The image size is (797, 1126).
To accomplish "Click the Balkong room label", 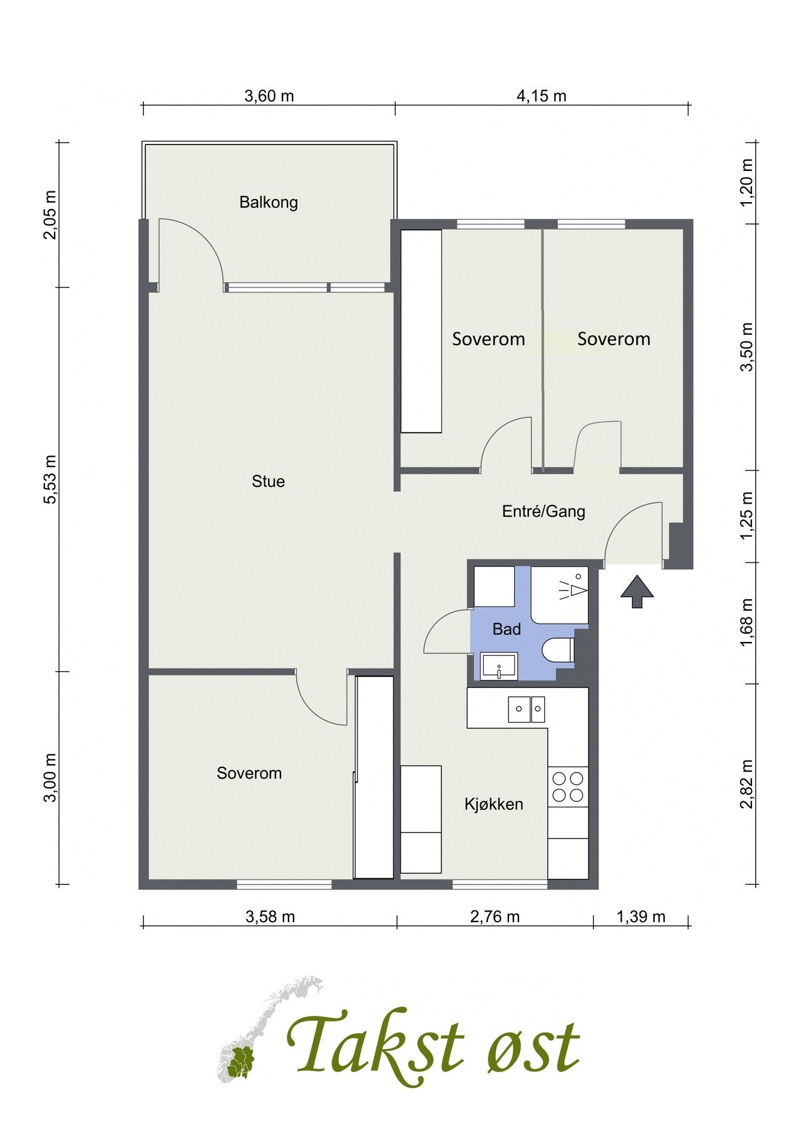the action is tap(269, 203).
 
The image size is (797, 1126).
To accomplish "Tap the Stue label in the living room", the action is tap(268, 481).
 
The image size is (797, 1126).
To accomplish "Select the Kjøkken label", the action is tap(493, 804).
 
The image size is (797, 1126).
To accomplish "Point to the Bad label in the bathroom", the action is tap(506, 629).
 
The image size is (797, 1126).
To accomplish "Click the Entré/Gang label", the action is tap(543, 512).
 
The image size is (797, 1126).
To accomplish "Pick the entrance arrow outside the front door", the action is tap(637, 591).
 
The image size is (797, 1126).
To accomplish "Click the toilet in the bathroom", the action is tap(559, 651).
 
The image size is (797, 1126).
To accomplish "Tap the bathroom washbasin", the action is tap(499, 666).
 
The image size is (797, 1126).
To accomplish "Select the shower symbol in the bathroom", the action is tap(573, 589).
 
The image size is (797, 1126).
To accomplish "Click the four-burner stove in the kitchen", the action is tap(567, 786).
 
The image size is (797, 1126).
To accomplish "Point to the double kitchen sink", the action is tap(527, 709).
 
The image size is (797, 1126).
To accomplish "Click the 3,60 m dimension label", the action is tap(269, 96).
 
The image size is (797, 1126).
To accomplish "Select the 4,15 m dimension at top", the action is tap(542, 96).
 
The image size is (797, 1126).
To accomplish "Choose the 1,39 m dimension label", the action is tap(640, 917).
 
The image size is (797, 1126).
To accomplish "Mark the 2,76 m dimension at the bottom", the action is tap(495, 917).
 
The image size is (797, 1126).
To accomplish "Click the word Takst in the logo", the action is tap(377, 1044).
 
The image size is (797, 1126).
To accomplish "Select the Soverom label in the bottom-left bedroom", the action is tap(249, 773).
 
